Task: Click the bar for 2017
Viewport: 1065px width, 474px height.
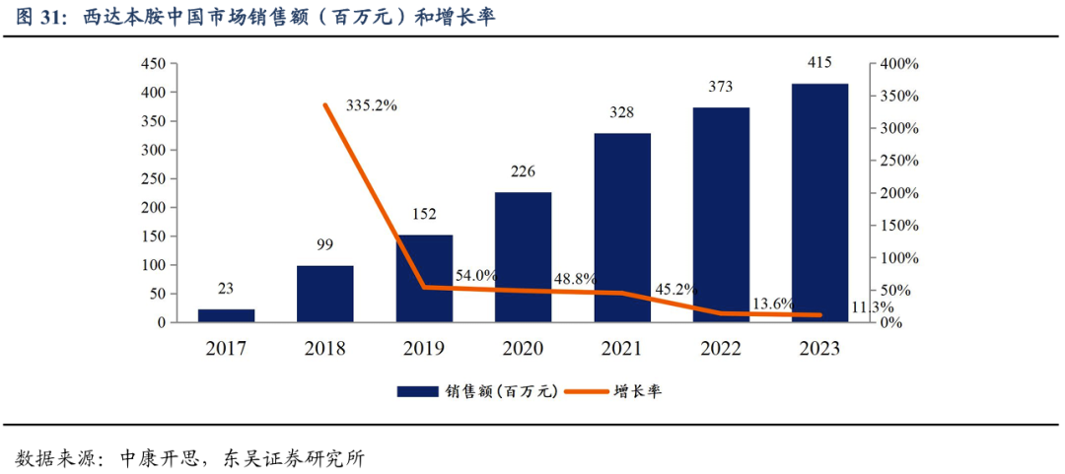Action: click(226, 315)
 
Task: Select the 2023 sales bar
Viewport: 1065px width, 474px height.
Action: click(819, 203)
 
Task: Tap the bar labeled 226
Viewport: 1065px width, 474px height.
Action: click(523, 257)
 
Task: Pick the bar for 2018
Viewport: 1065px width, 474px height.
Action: click(324, 294)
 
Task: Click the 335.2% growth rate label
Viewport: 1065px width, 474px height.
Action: click(371, 105)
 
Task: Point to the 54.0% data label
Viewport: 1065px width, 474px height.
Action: click(475, 275)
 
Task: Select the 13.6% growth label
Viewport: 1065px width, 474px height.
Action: click(771, 304)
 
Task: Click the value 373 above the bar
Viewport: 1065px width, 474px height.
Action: click(721, 87)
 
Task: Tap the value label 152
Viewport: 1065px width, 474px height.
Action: click(424, 214)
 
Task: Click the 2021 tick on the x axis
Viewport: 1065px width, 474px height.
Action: click(621, 349)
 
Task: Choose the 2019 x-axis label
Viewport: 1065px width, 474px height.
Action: click(424, 349)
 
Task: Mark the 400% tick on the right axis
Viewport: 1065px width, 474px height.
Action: click(898, 64)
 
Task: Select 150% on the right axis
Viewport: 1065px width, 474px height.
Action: click(898, 226)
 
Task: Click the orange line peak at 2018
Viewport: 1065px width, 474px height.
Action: click(324, 104)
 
